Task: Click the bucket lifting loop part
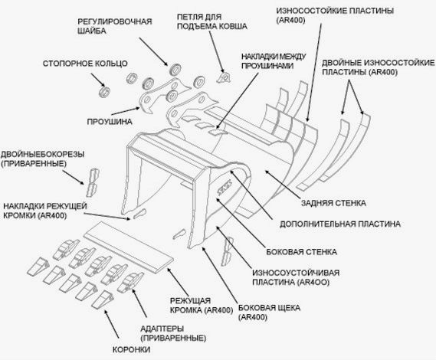coord(224,77)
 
